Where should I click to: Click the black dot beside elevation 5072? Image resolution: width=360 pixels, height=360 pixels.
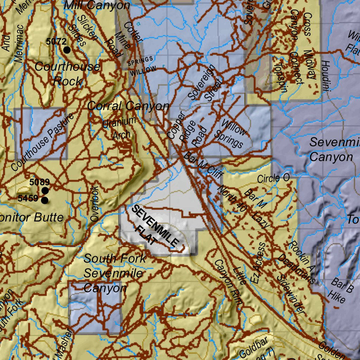pyautogui.click(x=67, y=50)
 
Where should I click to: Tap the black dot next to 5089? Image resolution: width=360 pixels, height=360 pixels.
pyautogui.click(x=45, y=191)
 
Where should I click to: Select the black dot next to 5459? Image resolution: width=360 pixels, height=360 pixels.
pyautogui.click(x=45, y=200)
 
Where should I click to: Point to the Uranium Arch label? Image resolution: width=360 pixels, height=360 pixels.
pyautogui.click(x=119, y=128)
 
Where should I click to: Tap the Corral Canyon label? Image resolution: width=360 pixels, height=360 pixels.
pyautogui.click(x=128, y=106)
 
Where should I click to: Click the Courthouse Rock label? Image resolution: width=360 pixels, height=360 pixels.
pyautogui.click(x=67, y=74)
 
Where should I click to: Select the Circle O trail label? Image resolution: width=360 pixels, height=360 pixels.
pyautogui.click(x=273, y=178)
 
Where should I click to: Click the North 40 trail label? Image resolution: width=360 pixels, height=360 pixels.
pyautogui.click(x=232, y=198)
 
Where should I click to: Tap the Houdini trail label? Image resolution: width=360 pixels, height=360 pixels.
pyautogui.click(x=325, y=76)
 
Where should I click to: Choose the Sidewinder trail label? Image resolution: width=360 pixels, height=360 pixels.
pyautogui.click(x=290, y=294)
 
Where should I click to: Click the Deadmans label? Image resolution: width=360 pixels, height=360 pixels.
pyautogui.click(x=296, y=269)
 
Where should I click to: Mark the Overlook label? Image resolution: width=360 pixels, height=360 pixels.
pyautogui.click(x=95, y=204)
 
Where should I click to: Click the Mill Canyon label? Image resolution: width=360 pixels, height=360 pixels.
pyautogui.click(x=97, y=5)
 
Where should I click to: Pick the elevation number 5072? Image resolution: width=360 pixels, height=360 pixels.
pyautogui.click(x=56, y=41)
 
